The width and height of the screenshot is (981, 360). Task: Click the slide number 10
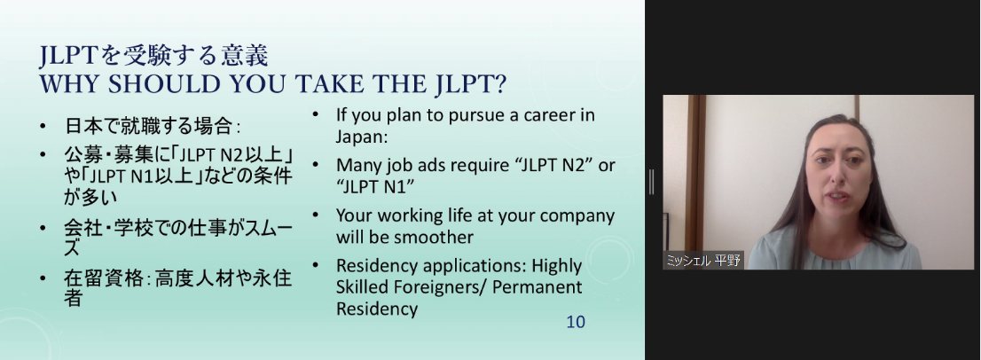coord(576,322)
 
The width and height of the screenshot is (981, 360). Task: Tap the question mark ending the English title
coord(500,84)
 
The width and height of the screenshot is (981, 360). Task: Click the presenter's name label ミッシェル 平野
coord(703,260)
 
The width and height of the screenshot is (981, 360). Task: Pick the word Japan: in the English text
coord(362,137)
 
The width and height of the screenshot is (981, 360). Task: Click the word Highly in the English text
coord(557,266)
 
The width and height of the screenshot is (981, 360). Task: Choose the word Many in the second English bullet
coord(358,166)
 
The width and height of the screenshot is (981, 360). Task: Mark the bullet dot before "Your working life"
coord(316,215)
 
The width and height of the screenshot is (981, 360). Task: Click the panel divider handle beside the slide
coord(652,181)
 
